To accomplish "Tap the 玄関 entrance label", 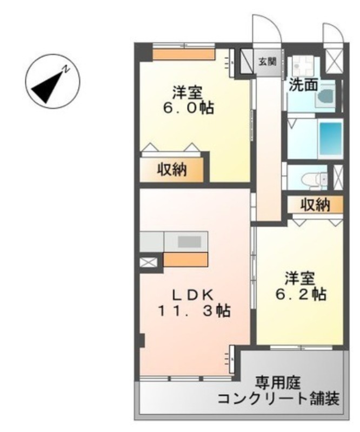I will click(x=268, y=61).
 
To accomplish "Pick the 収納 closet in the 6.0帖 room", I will click(x=172, y=170).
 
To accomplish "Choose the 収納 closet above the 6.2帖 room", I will click(x=315, y=205).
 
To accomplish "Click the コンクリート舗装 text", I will click(x=279, y=400).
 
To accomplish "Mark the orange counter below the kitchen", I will click(x=185, y=260).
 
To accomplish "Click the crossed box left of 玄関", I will click(x=248, y=58).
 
